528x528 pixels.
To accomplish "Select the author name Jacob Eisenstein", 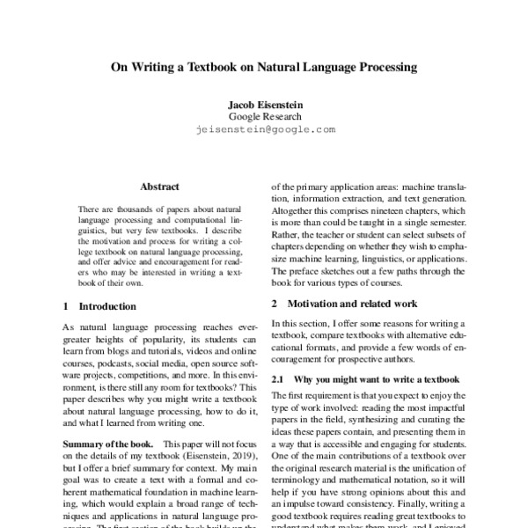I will pos(264,104).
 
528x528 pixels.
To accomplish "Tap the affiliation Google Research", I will pos(264,116).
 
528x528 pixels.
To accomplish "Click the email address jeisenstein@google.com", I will pos(264,128).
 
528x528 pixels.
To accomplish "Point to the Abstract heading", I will pos(159,187).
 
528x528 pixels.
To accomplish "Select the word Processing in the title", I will pos(378,66).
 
